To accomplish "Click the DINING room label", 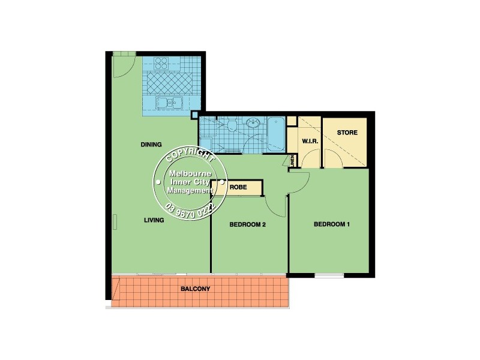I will point(151,145).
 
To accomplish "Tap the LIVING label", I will point(154,220).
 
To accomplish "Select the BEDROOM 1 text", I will point(332,225).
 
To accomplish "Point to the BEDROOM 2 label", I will point(248,225).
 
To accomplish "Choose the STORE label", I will point(347,133).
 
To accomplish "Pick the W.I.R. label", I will point(309,142).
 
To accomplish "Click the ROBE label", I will point(238,187).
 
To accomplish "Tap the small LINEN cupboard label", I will point(293,160).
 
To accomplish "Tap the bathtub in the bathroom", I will point(276,133).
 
